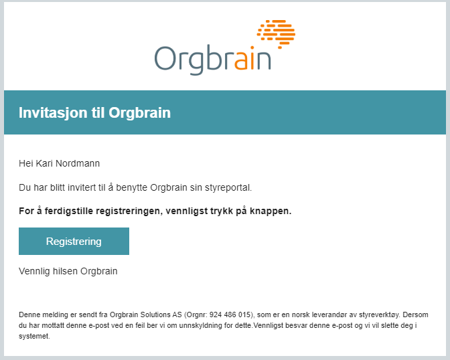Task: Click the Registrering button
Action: coord(74,242)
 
